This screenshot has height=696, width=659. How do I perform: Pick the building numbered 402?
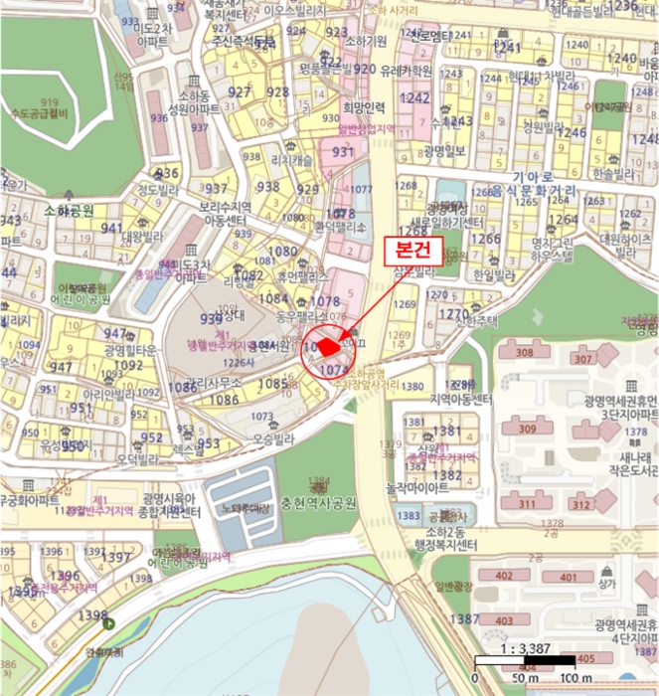pos(505,577)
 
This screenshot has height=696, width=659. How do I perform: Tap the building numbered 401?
pos(568,577)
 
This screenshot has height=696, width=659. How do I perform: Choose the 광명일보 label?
pos(443,151)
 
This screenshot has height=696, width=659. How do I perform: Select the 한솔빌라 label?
pos(611,172)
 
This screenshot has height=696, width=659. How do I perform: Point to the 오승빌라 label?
pos(276,437)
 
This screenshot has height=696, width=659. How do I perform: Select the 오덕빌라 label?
pos(137,459)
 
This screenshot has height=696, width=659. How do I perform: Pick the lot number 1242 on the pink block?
pos(415,98)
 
